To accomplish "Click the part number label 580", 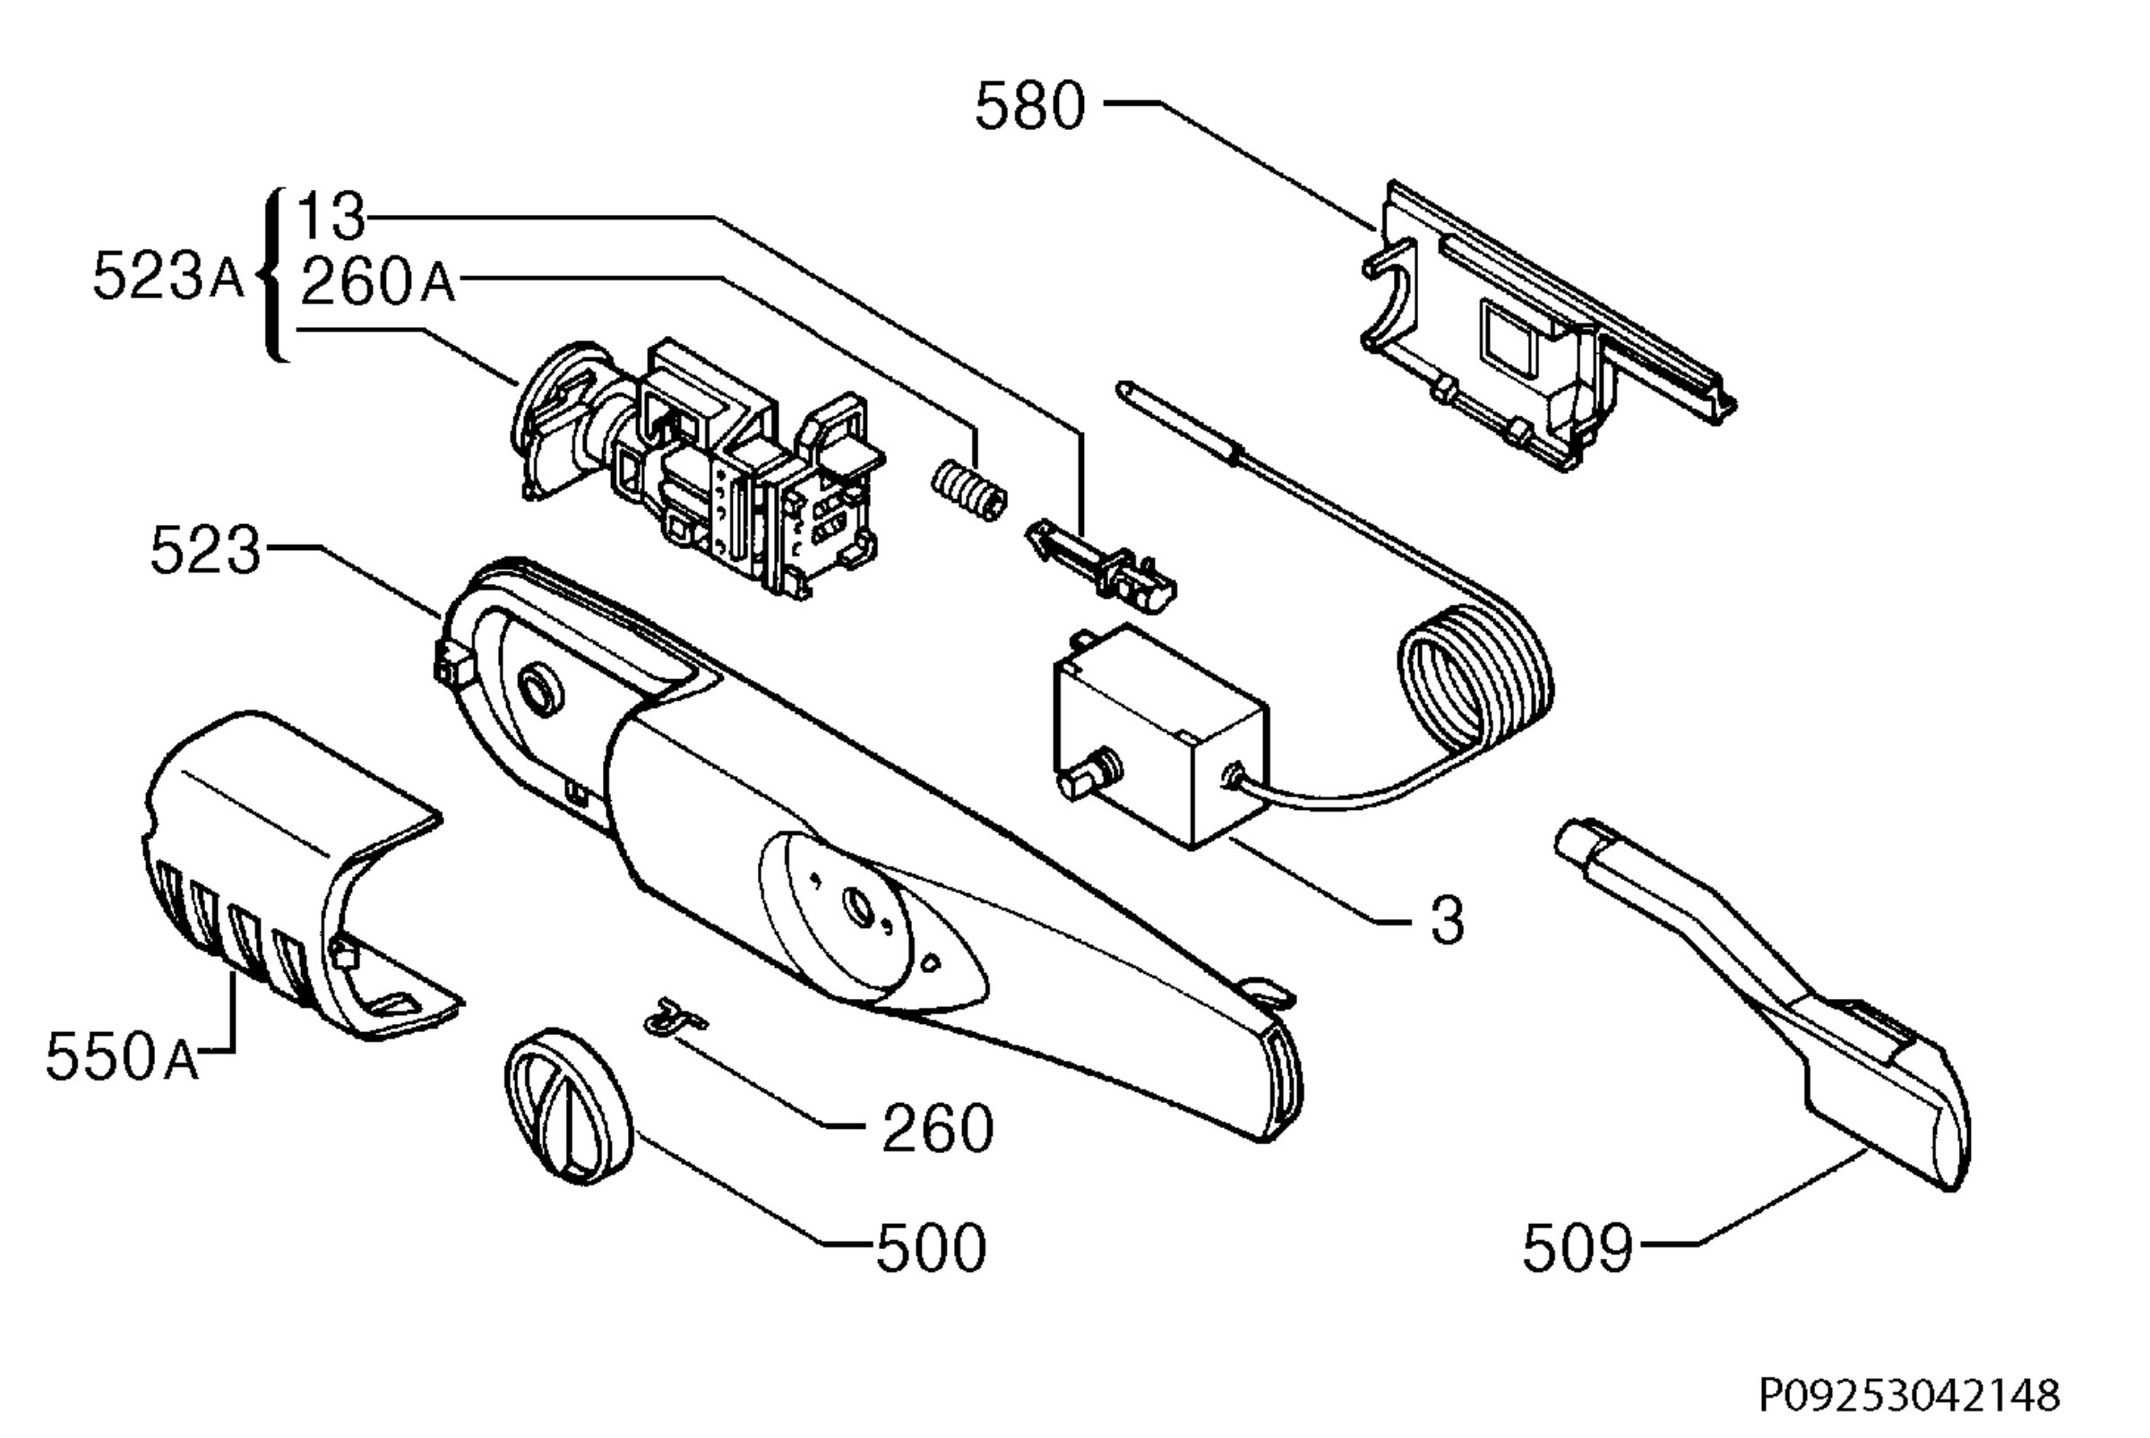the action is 1029,107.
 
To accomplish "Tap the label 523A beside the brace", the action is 168,276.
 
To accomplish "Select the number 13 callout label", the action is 331,218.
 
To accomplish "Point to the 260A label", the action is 377,280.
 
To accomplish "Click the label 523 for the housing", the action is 205,550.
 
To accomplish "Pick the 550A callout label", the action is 122,1056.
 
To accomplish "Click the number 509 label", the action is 1578,1248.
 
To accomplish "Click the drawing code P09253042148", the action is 1909,1396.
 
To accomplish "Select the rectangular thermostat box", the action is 1163,736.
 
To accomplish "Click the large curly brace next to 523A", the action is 272,275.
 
